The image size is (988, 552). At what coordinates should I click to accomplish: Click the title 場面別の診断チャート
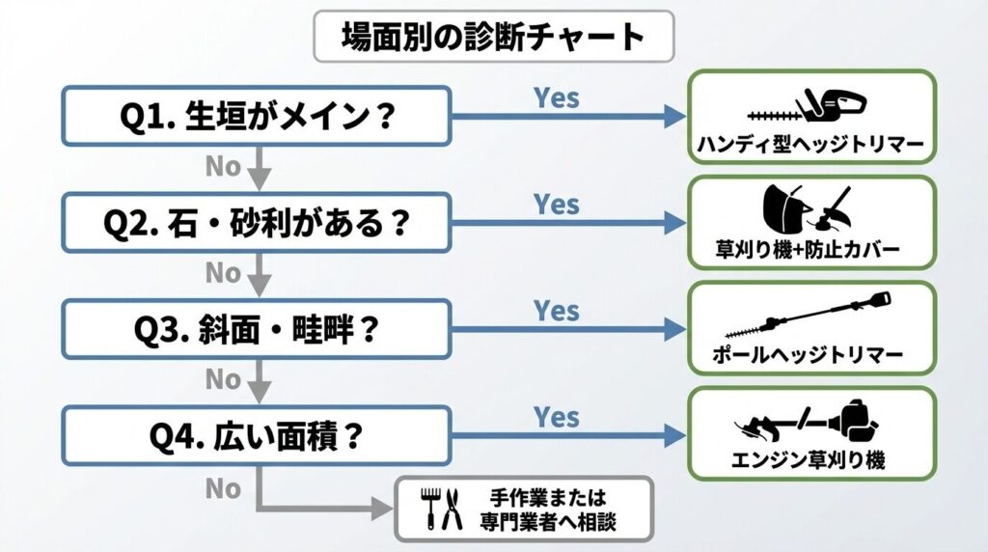(x=493, y=37)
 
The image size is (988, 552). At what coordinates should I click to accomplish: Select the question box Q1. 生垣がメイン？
(x=257, y=117)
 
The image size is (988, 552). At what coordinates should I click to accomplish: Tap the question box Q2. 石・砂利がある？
(x=257, y=224)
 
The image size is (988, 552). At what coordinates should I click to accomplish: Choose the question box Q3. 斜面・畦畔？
(x=257, y=330)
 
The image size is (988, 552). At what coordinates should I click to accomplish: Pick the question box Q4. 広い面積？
(x=257, y=436)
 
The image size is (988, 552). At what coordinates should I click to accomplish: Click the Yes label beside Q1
(x=557, y=97)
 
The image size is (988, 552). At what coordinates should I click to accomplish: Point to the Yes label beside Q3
(x=557, y=311)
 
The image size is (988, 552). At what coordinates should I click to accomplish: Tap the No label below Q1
(x=223, y=167)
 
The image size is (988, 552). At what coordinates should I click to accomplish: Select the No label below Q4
(x=223, y=488)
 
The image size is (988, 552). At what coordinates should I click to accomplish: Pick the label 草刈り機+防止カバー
(x=810, y=251)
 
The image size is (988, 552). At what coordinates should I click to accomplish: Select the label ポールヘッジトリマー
(x=810, y=356)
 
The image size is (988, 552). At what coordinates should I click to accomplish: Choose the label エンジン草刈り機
(x=810, y=461)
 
